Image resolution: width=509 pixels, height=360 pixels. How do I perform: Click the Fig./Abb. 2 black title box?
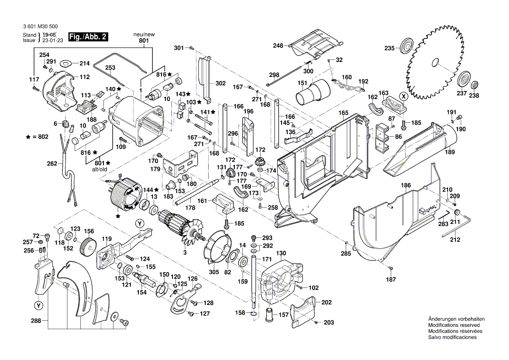(88, 37)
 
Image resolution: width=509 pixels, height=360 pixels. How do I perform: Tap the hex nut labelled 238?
(477, 83)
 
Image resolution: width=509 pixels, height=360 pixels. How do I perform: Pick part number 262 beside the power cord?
(52, 164)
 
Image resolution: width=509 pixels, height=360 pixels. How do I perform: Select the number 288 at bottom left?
(37, 321)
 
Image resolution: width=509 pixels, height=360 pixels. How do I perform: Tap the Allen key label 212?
(455, 239)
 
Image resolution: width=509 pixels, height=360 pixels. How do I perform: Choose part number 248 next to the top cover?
(279, 45)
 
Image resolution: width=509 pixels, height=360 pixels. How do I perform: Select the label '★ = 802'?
(37, 137)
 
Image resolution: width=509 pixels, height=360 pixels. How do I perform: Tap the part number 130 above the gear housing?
(281, 253)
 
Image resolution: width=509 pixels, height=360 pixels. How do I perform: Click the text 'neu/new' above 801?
(144, 34)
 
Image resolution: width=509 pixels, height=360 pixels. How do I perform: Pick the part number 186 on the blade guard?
(406, 186)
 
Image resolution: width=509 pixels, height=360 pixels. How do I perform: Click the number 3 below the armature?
(185, 253)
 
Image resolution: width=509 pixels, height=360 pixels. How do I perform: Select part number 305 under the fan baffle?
(214, 272)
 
